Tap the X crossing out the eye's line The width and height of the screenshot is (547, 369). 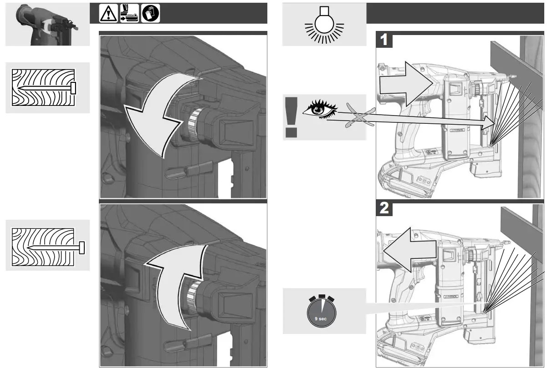[360, 116]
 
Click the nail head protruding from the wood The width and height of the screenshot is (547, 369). [82, 248]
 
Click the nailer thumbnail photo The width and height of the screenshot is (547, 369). [47, 25]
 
